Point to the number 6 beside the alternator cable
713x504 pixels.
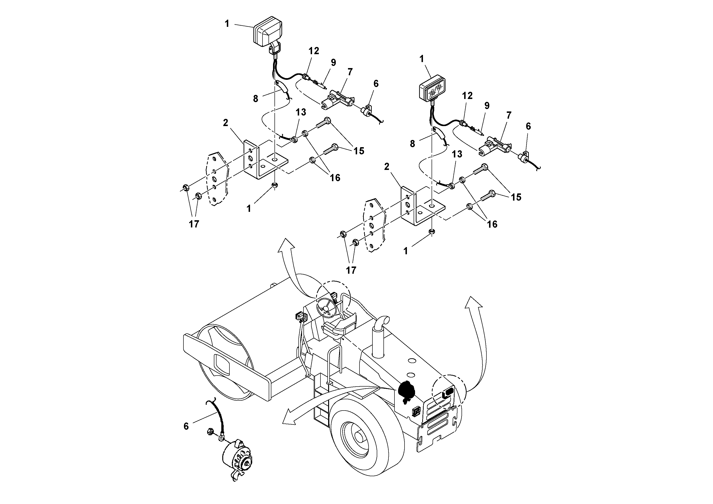(x=186, y=427)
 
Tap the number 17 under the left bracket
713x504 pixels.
(x=194, y=224)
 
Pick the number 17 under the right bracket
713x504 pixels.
(x=351, y=270)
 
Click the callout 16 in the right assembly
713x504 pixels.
(x=492, y=224)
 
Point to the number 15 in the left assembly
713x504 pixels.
(x=359, y=151)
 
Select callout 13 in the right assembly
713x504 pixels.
(x=457, y=154)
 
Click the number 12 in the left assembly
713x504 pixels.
(x=314, y=51)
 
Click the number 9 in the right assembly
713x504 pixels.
(x=487, y=106)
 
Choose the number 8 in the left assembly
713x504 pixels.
(x=255, y=99)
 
